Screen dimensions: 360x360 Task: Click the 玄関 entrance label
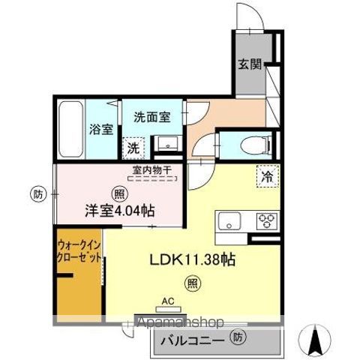pyautogui.click(x=250, y=64)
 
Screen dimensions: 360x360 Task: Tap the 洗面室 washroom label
pyautogui.click(x=152, y=117)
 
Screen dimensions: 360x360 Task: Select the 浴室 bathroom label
pyautogui.click(x=101, y=130)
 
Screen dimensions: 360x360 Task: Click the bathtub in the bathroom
pyautogui.click(x=71, y=129)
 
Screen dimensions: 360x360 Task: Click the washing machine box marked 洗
pyautogui.click(x=133, y=148)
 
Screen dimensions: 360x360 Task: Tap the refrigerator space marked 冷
pyautogui.click(x=268, y=176)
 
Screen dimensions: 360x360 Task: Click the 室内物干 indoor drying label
pyautogui.click(x=152, y=171)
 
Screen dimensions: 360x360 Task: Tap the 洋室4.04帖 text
pyautogui.click(x=120, y=211)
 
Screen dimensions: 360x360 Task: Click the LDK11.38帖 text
pyautogui.click(x=192, y=259)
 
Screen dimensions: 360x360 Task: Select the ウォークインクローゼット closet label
pyautogui.click(x=79, y=251)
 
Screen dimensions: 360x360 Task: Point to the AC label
pyautogui.click(x=168, y=301)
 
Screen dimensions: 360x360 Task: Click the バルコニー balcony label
pyautogui.click(x=192, y=340)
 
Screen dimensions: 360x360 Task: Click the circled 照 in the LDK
pyautogui.click(x=193, y=283)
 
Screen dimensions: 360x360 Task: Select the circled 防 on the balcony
pyautogui.click(x=238, y=337)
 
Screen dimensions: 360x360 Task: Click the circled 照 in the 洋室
pyautogui.click(x=120, y=194)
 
